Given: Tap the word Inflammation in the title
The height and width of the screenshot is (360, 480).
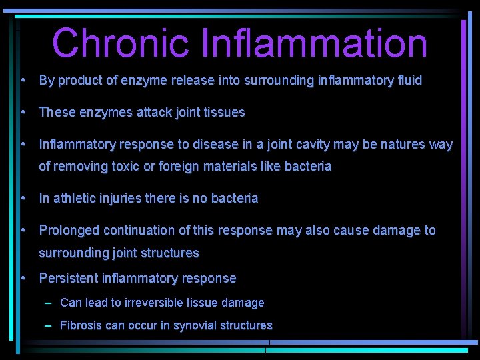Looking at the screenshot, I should click(313, 43).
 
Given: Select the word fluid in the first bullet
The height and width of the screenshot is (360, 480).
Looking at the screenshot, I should click(408, 81).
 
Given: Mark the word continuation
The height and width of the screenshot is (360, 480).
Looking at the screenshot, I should click(139, 231).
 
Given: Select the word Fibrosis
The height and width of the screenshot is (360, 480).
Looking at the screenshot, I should click(81, 326).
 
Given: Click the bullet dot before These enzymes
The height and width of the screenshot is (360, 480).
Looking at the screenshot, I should click(23, 113).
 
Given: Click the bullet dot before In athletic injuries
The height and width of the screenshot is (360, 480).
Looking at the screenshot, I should click(23, 199).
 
